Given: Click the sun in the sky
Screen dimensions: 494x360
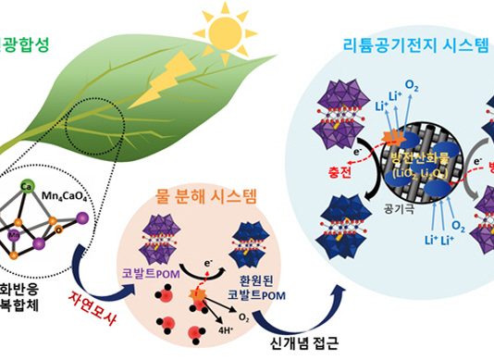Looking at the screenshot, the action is tap(224, 36).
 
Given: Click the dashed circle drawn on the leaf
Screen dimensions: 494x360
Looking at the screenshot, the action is tap(94, 138).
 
